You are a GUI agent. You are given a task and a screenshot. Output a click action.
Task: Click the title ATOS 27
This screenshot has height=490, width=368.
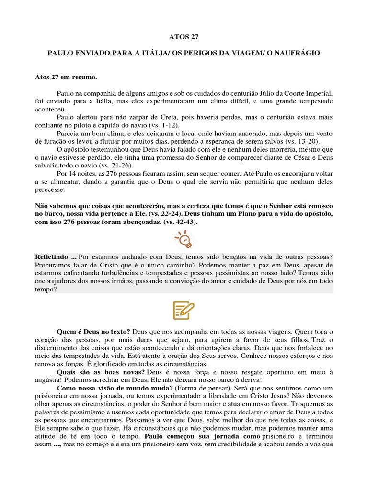click(184, 36)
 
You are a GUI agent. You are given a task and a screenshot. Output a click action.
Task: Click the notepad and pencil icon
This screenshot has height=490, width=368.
click(184, 311)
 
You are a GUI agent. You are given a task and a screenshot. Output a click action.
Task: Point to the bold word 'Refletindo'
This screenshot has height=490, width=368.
click(52, 257)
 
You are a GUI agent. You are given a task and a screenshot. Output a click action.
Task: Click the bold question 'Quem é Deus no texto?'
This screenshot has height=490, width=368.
click(93, 331)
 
